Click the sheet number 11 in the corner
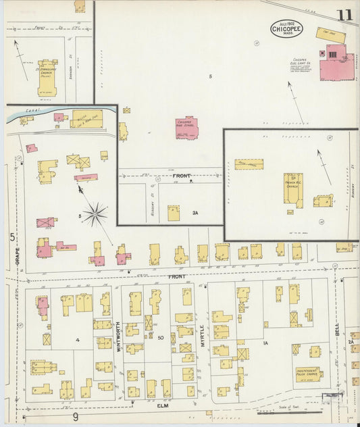344,14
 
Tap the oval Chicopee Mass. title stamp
287,29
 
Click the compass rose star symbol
95,214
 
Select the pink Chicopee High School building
186,127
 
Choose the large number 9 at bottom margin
76,418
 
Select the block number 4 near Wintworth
78,339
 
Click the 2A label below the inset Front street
195,213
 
